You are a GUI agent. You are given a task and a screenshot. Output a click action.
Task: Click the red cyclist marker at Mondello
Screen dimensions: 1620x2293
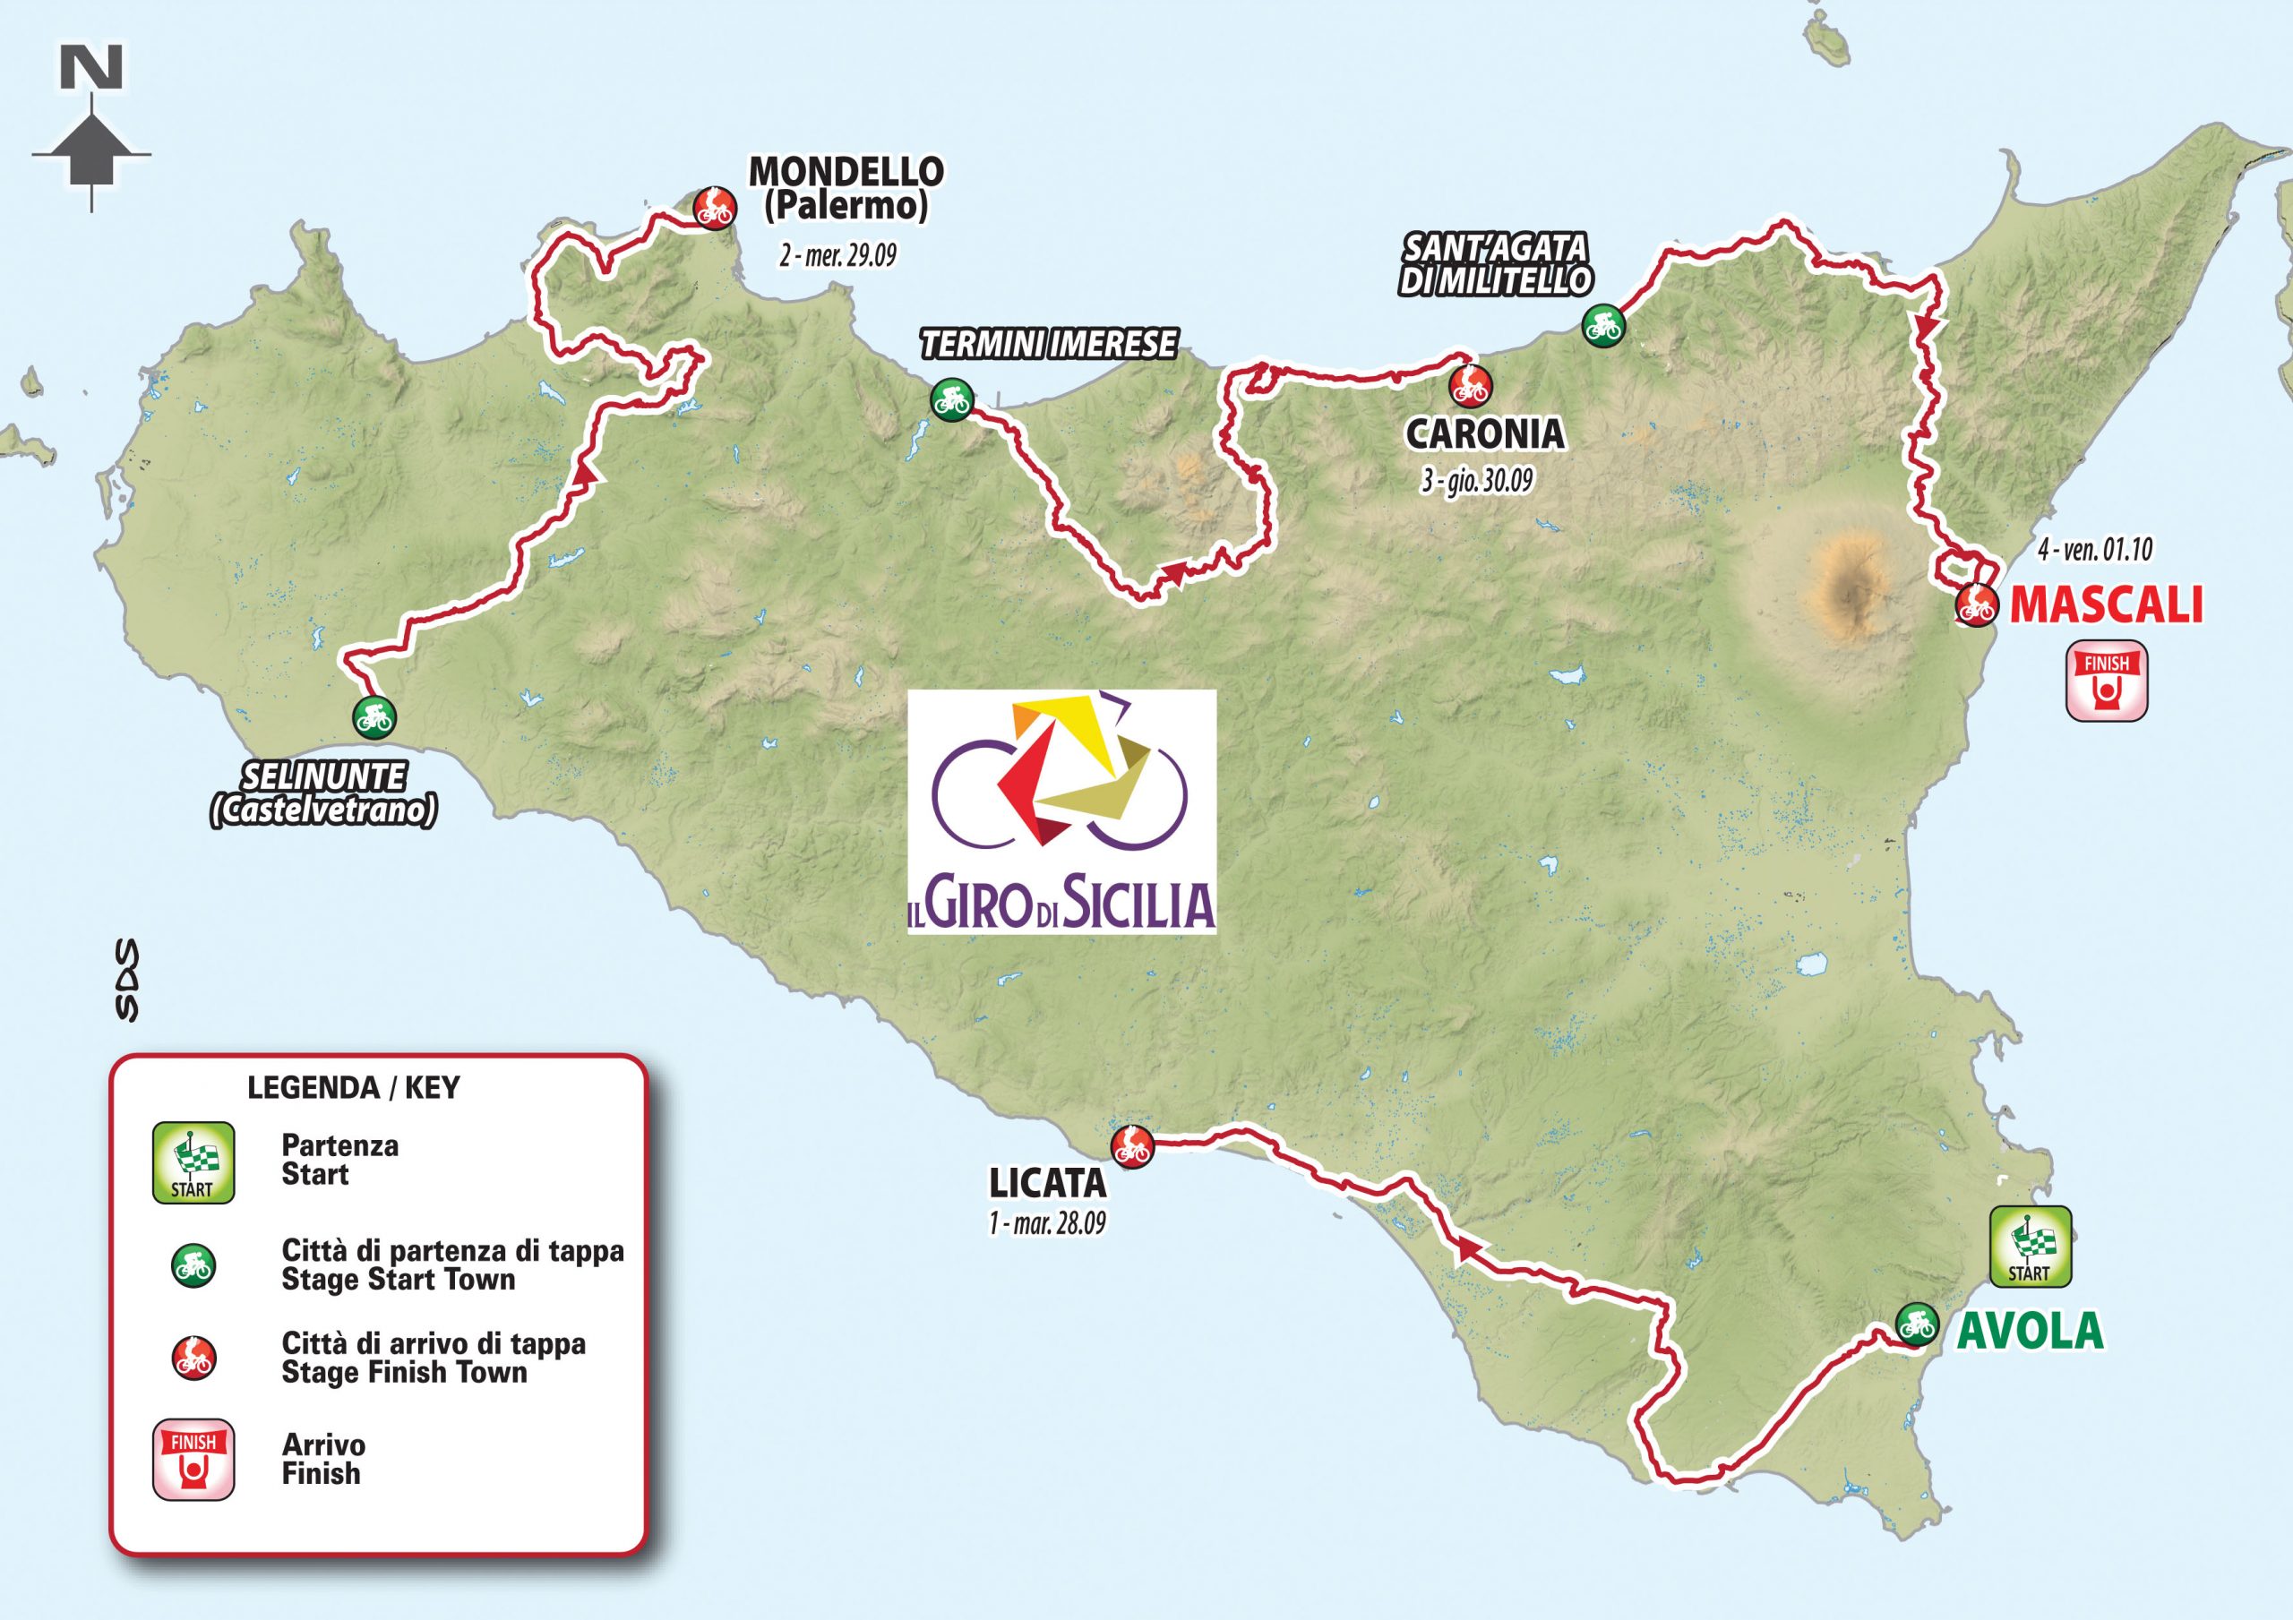coord(714,208)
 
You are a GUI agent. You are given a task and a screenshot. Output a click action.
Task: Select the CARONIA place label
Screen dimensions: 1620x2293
coord(1483,435)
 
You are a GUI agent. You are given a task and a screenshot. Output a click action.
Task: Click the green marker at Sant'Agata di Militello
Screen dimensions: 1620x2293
coord(1603,324)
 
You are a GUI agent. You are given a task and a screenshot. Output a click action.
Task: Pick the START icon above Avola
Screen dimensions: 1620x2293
coord(2030,1247)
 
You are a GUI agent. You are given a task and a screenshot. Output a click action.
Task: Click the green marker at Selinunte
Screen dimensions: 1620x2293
coord(374,717)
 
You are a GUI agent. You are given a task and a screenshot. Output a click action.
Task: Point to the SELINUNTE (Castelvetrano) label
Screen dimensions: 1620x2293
coord(322,794)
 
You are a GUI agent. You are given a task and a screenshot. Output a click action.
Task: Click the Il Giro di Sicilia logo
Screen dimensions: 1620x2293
coord(1061,811)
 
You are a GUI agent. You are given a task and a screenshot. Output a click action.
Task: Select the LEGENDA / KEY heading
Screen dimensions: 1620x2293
coord(353,1088)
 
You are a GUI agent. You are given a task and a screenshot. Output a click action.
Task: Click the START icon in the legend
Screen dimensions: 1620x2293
coord(193,1161)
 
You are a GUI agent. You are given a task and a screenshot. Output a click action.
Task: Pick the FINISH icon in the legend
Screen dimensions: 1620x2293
coord(193,1459)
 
